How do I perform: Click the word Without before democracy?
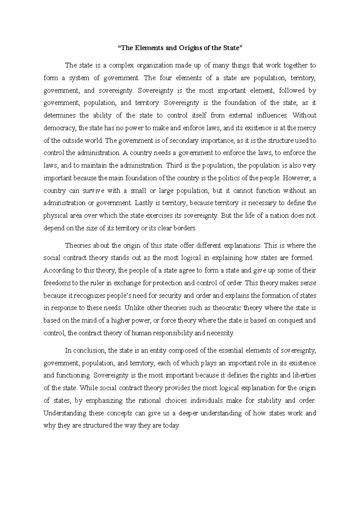[x=304, y=116]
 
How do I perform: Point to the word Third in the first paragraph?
[x=174, y=165]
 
